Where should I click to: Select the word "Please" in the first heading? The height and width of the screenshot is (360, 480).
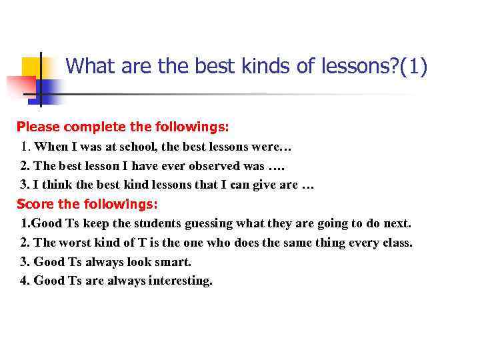(x=37, y=126)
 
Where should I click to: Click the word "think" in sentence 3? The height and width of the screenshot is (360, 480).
(x=59, y=185)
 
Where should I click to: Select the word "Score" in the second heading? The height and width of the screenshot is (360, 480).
(x=34, y=204)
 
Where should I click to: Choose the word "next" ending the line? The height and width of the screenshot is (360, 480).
(x=397, y=223)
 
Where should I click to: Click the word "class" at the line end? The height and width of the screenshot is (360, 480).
(x=396, y=243)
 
